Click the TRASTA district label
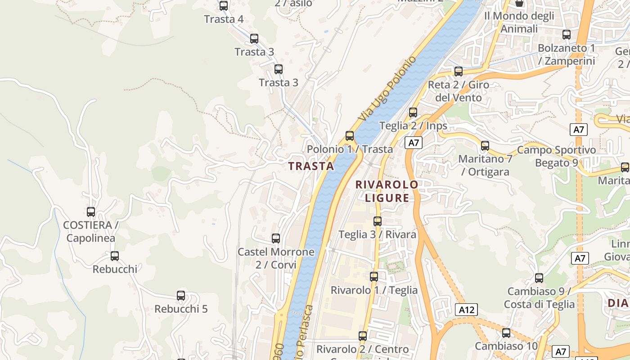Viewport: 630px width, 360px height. (311, 166)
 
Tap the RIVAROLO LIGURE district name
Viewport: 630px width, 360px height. (387, 191)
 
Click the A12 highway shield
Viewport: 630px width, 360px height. (466, 310)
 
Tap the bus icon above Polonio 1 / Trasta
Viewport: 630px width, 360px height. (350, 135)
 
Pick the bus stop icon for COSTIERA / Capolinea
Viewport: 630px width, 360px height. (91, 211)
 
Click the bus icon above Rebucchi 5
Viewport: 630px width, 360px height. (181, 295)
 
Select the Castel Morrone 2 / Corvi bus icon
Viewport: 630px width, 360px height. (276, 238)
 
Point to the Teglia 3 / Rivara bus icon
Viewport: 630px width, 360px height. (378, 221)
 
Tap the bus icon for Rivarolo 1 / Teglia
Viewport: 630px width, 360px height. (374, 276)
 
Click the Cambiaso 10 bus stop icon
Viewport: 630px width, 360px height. (506, 333)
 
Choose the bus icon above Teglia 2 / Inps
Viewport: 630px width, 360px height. (413, 112)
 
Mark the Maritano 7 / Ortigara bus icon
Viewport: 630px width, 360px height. (485, 145)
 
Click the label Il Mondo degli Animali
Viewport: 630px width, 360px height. (519, 22)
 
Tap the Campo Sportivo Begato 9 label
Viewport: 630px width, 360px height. (556, 156)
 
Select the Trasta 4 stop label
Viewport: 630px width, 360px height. (224, 19)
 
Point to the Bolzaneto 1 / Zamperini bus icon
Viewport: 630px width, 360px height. (567, 34)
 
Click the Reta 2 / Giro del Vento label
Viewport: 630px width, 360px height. (458, 91)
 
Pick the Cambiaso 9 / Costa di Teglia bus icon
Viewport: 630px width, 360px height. (539, 278)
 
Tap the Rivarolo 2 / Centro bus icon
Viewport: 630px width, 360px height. (363, 336)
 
